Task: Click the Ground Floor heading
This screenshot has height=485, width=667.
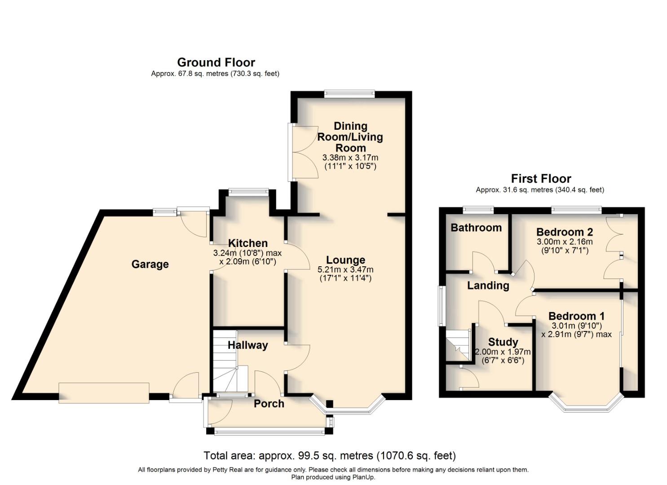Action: click(216, 62)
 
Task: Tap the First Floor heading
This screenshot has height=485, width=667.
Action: click(541, 179)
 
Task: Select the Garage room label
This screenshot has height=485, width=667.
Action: click(150, 264)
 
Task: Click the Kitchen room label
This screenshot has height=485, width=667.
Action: click(247, 243)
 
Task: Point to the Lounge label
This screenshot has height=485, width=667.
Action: click(345, 260)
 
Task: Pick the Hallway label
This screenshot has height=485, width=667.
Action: click(247, 345)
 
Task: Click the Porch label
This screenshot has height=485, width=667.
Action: click(269, 403)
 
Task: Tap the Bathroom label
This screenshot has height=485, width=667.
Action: click(476, 228)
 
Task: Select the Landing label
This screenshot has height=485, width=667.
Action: click(488, 286)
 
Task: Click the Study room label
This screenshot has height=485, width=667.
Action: click(503, 342)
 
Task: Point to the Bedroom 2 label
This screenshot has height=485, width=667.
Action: click(564, 232)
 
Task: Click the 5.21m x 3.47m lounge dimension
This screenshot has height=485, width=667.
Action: click(345, 270)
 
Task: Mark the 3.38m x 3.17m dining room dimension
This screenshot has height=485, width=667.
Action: click(350, 158)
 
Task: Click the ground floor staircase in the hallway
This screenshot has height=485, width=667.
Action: click(225, 362)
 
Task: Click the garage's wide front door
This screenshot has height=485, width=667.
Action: click(104, 393)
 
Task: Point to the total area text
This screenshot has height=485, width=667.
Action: click(330, 456)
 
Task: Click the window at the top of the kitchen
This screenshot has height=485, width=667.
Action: click(248, 192)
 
